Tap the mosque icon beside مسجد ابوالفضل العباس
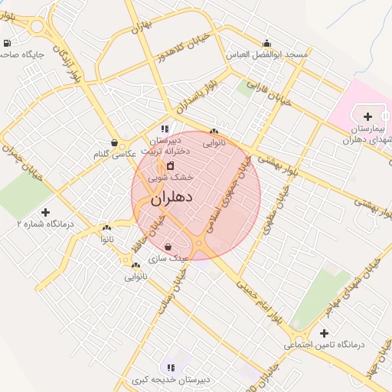[266, 44]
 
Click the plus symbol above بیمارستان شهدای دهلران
[368, 116]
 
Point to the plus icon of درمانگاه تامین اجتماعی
[325, 333]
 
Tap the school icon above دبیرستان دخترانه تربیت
[165, 129]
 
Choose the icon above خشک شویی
[170, 165]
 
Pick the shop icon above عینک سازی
[168, 247]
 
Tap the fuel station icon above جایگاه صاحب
[7, 43]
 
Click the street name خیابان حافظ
[152, 230]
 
